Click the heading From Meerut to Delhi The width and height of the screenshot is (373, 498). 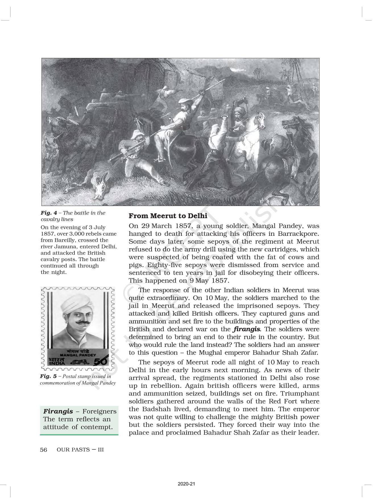(x=168, y=216)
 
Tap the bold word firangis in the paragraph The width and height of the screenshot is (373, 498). (x=246, y=329)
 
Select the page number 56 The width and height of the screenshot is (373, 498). (x=43, y=450)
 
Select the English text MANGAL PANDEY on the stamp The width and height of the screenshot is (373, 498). (x=78, y=355)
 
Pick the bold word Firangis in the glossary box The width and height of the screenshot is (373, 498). (x=58, y=411)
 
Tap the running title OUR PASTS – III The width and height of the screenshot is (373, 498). (x=80, y=450)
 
